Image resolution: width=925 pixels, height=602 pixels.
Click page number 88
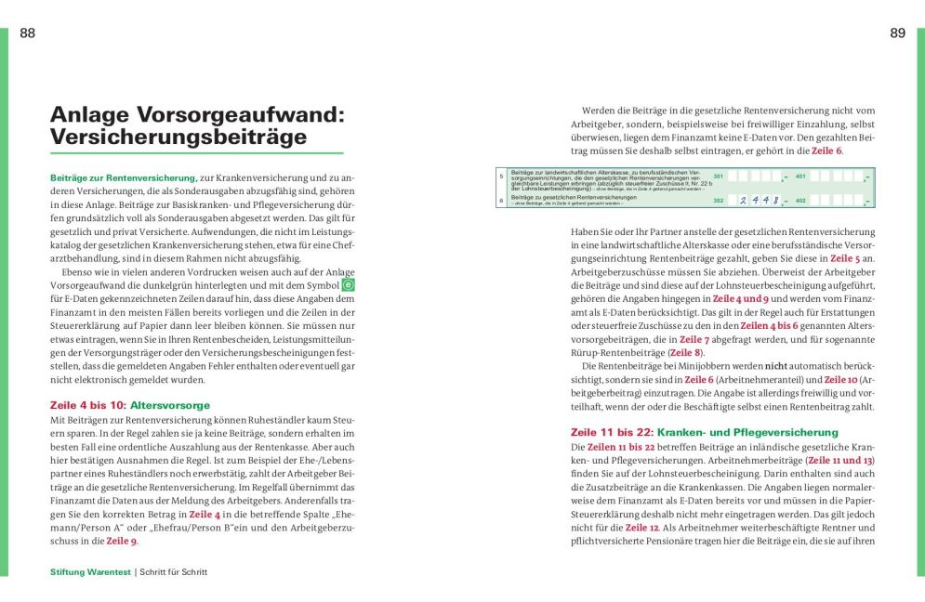[27, 33]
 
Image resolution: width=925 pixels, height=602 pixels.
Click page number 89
[897, 33]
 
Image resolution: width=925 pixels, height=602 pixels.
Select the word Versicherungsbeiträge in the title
[178, 137]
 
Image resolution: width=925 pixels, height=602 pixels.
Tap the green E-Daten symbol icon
[349, 284]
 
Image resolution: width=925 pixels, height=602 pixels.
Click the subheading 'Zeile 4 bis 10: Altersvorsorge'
[130, 405]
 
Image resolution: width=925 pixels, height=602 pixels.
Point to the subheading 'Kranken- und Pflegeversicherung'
[747, 432]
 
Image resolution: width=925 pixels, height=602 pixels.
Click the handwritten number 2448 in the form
[758, 200]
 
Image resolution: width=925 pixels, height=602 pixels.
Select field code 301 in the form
[718, 176]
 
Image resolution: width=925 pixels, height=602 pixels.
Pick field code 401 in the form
[800, 176]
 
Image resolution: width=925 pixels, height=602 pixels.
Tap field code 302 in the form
[718, 200]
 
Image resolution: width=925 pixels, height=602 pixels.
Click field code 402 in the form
[800, 200]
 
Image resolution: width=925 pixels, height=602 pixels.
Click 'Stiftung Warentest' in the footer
[91, 572]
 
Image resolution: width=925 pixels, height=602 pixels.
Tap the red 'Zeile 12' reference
[642, 528]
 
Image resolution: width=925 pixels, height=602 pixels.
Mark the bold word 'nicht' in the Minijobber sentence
[776, 367]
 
